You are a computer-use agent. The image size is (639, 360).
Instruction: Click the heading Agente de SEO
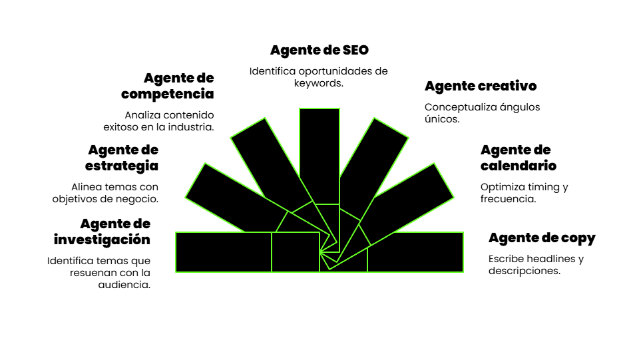click(x=319, y=50)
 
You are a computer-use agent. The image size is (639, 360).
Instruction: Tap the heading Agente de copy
click(x=542, y=238)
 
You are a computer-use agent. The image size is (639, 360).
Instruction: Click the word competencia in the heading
click(x=168, y=94)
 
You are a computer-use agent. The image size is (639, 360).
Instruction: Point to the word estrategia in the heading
click(x=122, y=166)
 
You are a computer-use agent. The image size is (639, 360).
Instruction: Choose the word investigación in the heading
click(x=102, y=240)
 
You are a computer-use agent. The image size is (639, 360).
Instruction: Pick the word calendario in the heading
click(x=518, y=166)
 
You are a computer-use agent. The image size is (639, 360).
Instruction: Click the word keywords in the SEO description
click(x=318, y=83)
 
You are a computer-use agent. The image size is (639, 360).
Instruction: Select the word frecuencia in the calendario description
click(x=508, y=199)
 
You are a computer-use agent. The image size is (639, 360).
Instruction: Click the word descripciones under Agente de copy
click(x=524, y=271)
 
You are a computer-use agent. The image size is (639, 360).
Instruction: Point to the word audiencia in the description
click(x=126, y=284)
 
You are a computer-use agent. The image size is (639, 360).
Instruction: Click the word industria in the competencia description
click(x=190, y=126)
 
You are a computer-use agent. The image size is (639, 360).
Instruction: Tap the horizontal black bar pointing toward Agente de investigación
click(x=224, y=252)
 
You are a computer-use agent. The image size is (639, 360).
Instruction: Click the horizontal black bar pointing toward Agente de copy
click(x=415, y=252)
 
